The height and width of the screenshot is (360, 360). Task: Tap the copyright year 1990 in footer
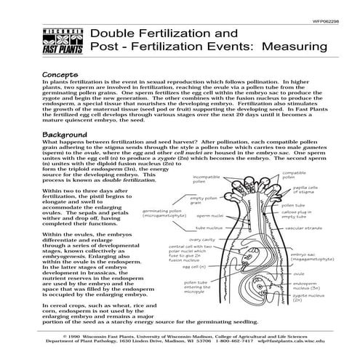click(x=73, y=337)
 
